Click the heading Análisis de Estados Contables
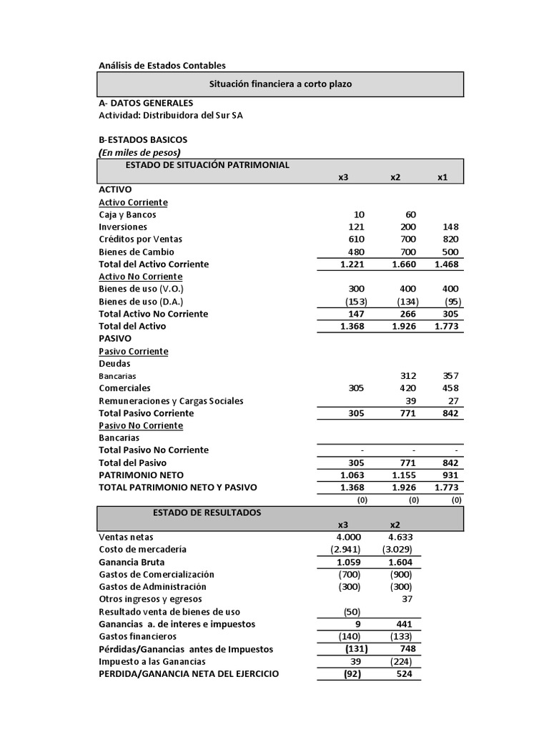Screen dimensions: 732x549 click(x=162, y=66)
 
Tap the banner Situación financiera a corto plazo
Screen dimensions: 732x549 click(x=280, y=84)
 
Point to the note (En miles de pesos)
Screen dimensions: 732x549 click(x=139, y=152)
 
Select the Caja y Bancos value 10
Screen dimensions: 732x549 click(x=359, y=214)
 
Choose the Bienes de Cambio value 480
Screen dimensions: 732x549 click(x=357, y=252)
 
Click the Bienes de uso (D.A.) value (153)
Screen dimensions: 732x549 click(x=355, y=302)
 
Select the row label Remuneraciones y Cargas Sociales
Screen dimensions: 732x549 click(x=171, y=401)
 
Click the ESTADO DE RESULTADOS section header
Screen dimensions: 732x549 click(x=207, y=513)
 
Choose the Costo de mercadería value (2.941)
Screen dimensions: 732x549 click(x=346, y=549)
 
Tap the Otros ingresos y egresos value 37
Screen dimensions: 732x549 click(x=407, y=599)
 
